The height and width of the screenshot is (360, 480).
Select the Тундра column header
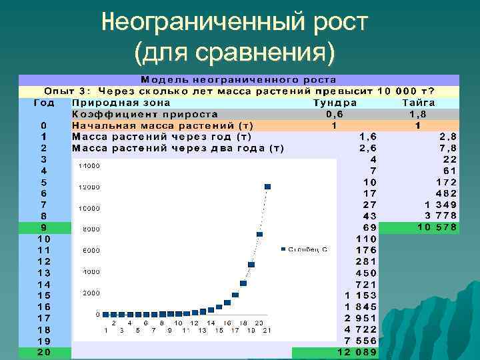(x=335, y=103)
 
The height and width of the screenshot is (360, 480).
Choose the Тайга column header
(x=419, y=103)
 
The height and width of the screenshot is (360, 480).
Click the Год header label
(x=44, y=103)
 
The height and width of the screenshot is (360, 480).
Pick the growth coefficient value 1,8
(x=417, y=114)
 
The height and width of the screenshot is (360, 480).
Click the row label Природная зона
(x=121, y=103)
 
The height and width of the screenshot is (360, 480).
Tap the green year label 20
(x=44, y=352)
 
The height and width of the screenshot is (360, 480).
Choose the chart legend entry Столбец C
(x=307, y=249)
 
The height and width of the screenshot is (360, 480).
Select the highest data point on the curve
(x=267, y=186)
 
